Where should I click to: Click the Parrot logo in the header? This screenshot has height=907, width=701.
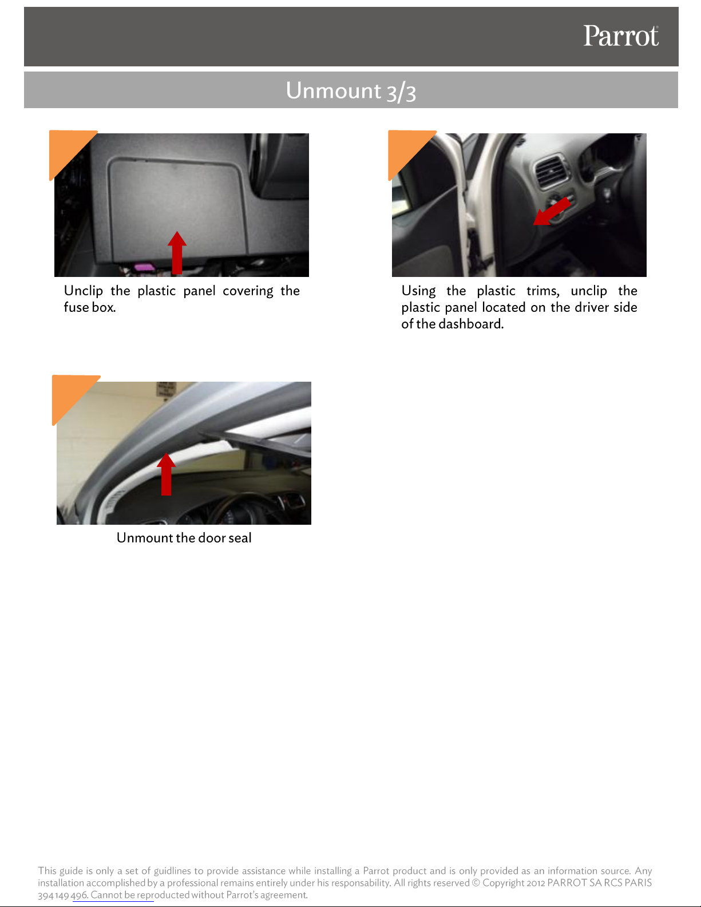(621, 36)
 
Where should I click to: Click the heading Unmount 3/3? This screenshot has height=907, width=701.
(351, 90)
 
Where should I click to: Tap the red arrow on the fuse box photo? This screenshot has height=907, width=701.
(177, 252)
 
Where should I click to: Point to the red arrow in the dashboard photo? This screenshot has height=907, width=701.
(552, 211)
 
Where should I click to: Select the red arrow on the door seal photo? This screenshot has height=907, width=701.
(166, 474)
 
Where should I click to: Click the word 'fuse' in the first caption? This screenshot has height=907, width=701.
(76, 307)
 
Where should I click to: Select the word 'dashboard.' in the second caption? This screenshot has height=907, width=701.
(471, 324)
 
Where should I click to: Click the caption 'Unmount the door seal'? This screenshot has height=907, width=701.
(184, 537)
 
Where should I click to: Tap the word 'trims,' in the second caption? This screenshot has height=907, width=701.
(543, 291)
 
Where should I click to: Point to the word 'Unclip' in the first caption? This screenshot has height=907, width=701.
(84, 291)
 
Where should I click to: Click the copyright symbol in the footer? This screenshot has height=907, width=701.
(476, 883)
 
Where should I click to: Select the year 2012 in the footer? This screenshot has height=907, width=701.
(536, 883)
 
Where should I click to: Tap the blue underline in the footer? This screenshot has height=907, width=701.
(113, 902)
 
